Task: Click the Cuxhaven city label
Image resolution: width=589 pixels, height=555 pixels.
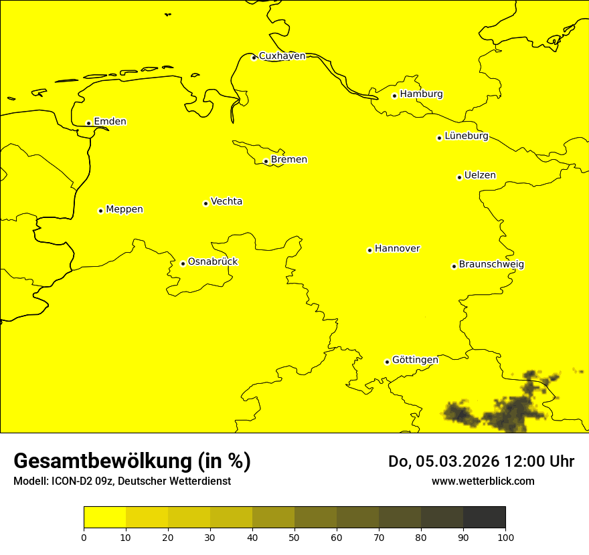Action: pos(282,56)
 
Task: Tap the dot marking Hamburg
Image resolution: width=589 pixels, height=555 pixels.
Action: pos(394,96)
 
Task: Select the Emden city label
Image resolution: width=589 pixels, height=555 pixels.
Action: pos(110,122)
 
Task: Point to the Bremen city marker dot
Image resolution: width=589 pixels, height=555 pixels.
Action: pos(266,161)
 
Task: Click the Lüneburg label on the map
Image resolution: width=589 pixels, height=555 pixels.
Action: pos(467,136)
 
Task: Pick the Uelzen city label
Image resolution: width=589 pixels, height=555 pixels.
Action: pos(480,176)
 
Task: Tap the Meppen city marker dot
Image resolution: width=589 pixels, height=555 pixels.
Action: pos(100,211)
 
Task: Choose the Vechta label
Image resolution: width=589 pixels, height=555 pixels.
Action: pos(226,201)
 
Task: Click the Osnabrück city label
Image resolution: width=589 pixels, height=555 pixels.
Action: pos(213,262)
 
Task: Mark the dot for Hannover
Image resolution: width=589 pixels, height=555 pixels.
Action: pos(369,250)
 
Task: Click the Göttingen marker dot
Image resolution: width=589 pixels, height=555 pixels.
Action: pos(387,362)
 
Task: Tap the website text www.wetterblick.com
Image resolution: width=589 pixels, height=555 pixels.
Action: pos(483,481)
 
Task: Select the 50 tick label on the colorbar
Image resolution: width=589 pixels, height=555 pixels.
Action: pos(294,537)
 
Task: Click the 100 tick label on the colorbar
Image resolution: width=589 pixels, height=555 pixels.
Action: pos(505,537)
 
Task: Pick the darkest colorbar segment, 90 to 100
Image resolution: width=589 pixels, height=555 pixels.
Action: pos(484,518)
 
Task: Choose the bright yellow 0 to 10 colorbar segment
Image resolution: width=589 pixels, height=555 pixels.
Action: pos(105,518)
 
